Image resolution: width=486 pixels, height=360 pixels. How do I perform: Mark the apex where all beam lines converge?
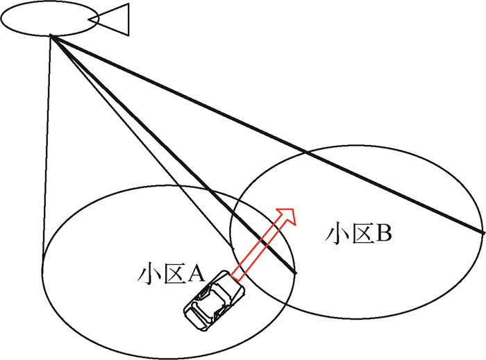[x=51, y=37]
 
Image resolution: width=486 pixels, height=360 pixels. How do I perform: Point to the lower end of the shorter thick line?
[x=296, y=273]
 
